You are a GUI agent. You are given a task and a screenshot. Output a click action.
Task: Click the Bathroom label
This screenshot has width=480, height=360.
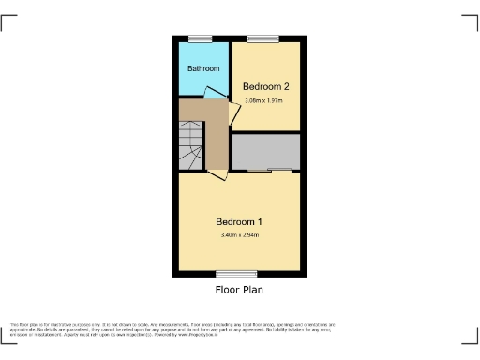pyautogui.click(x=202, y=69)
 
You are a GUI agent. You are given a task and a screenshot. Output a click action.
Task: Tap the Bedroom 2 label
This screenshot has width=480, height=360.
pyautogui.click(x=265, y=87)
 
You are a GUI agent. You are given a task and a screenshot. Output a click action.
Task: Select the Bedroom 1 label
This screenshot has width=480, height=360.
pyautogui.click(x=239, y=221)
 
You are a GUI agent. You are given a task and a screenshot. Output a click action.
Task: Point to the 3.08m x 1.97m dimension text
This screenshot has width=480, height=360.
pyautogui.click(x=265, y=100)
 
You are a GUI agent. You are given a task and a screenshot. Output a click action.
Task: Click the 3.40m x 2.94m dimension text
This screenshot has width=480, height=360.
pyautogui.click(x=239, y=234)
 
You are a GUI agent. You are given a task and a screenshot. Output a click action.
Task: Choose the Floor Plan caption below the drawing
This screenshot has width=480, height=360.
pyautogui.click(x=239, y=291)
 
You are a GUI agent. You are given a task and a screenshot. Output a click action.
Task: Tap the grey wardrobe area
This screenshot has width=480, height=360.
pyautogui.click(x=266, y=152)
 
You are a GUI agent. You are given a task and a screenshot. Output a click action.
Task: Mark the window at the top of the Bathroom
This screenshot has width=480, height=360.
pyautogui.click(x=200, y=38)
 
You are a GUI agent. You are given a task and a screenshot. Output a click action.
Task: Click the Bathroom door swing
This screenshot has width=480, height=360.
pyautogui.click(x=215, y=93)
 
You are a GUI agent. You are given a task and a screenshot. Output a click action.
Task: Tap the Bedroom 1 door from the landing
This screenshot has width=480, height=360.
pyautogui.click(x=217, y=174)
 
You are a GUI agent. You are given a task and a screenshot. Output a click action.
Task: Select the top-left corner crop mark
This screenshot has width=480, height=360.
pyautogui.click(x=7, y=21)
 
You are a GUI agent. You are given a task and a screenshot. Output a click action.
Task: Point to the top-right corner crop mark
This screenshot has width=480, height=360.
pyautogui.click(x=472, y=21)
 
